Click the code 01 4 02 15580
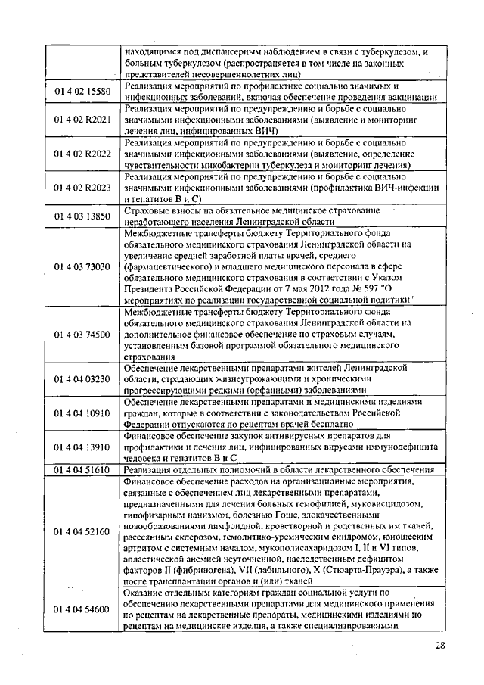tap(82, 92)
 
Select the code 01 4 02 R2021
tap(82, 120)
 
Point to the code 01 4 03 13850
tap(82, 216)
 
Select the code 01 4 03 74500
tap(82, 334)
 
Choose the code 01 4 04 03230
tap(82, 378)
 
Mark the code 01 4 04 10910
tap(82, 413)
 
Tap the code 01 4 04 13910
tap(82, 447)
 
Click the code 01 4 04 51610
tap(82, 469)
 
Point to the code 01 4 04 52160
tap(82, 531)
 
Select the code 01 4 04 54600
tap(82, 609)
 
